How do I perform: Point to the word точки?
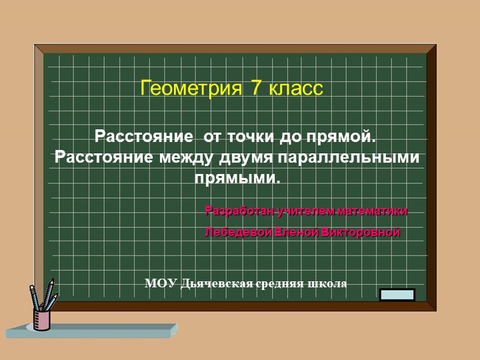coord(250,137)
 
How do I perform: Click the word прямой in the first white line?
coord(341,137)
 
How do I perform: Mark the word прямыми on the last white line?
coord(237,179)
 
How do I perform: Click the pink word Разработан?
coord(240,211)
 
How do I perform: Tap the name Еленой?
coord(297,233)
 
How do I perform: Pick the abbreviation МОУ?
coord(161,283)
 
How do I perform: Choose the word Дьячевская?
coord(213,283)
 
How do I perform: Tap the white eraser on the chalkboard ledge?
coord(397,295)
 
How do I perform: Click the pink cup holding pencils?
coord(42,319)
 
